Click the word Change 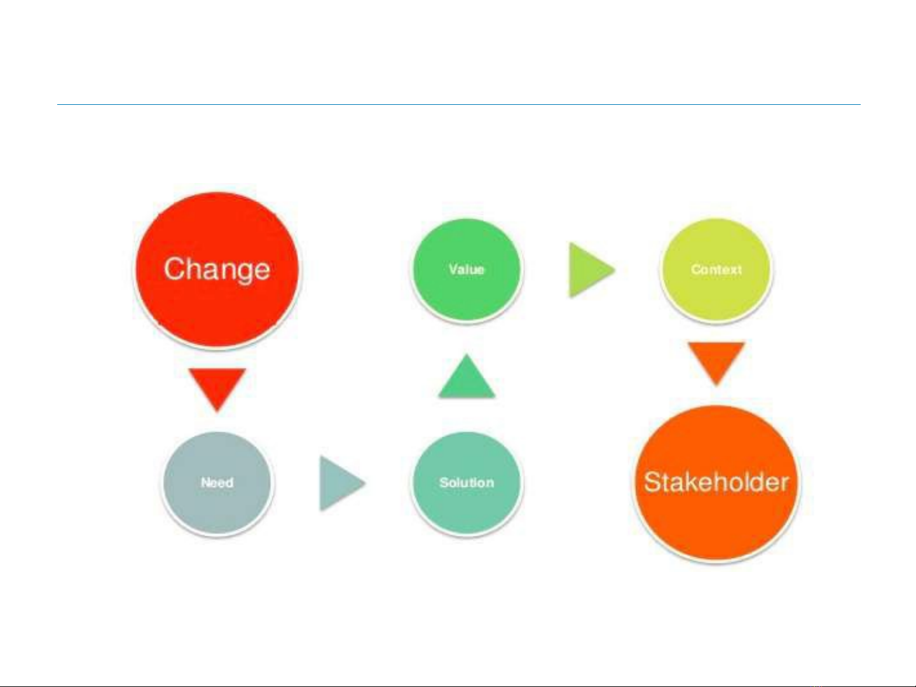[x=217, y=270]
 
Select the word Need [x=217, y=482]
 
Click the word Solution [x=467, y=482]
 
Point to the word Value [x=467, y=269]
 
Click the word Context [x=716, y=269]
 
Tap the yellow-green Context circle [x=716, y=269]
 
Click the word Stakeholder [x=716, y=482]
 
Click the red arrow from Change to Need [x=217, y=388]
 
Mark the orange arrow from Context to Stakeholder [x=716, y=362]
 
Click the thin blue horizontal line [x=458, y=104]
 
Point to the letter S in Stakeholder [x=653, y=482]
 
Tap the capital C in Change [x=174, y=268]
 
